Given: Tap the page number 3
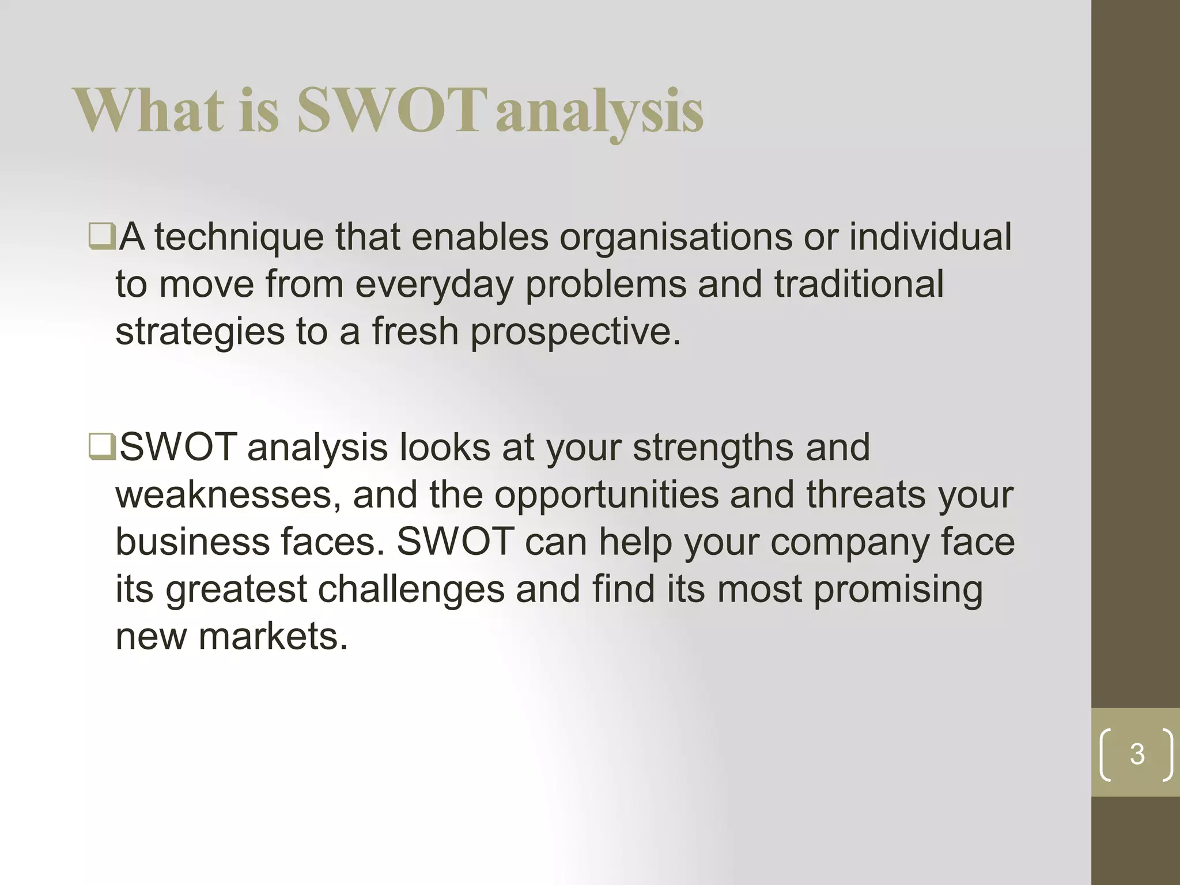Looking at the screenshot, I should coord(1137,754).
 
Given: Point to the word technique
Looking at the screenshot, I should coord(239,237).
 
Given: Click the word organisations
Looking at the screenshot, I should coord(675,237).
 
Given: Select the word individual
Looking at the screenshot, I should coord(930,237).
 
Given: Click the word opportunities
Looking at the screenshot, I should coord(606,495).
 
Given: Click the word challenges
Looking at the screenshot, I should coord(411,589).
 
